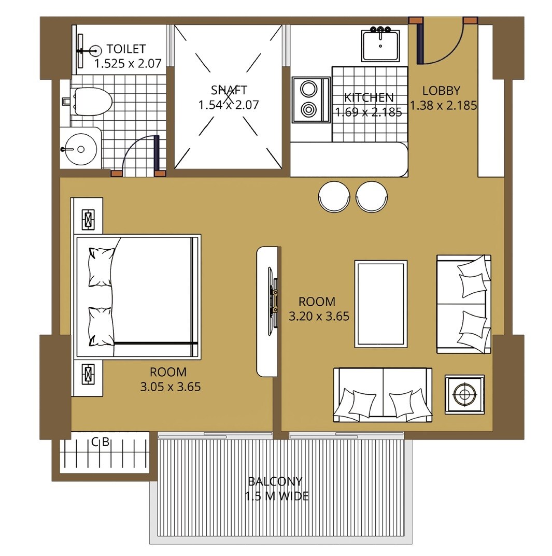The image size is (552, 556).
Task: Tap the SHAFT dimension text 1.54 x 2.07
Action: click(x=229, y=105)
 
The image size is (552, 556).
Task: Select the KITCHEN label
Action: click(x=369, y=97)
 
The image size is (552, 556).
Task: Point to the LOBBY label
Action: click(x=441, y=90)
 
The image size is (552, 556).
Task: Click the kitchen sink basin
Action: click(x=381, y=46)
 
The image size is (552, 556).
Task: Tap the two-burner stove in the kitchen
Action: click(x=310, y=99)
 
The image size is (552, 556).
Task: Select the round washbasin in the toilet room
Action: click(x=80, y=149)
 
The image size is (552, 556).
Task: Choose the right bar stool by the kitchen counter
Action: click(x=372, y=196)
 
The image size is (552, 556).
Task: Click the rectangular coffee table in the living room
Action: click(x=380, y=304)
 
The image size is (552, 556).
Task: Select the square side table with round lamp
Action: click(x=464, y=394)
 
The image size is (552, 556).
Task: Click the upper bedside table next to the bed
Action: click(x=89, y=219)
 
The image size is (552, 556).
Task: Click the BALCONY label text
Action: click(x=275, y=481)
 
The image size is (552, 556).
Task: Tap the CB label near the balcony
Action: click(x=100, y=443)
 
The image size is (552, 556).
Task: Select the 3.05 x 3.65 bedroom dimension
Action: click(x=170, y=387)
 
